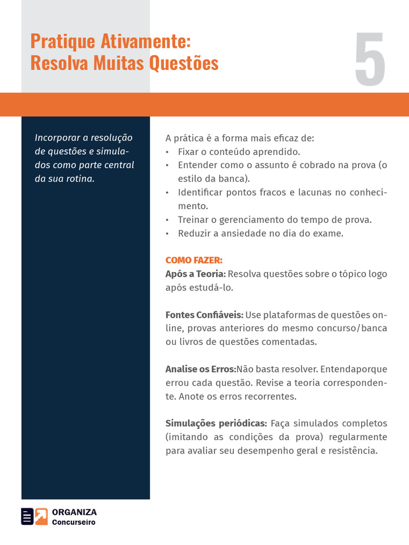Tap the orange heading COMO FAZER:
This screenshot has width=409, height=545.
tap(194, 260)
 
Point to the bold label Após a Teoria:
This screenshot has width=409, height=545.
tap(195, 274)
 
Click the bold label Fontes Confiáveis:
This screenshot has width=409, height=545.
tap(204, 315)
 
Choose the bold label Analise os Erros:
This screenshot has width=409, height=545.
tap(200, 369)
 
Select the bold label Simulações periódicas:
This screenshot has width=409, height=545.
tap(216, 424)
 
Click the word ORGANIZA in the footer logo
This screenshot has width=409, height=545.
tap(75, 512)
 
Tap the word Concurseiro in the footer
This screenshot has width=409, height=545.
tap(73, 523)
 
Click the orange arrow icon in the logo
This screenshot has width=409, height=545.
tap(42, 517)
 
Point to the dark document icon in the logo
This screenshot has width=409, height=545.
tap(27, 517)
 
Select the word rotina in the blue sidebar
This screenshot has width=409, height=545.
tap(81, 179)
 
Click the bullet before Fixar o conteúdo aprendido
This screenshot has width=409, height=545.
tap(167, 152)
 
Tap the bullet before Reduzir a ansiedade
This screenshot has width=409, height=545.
tap(167, 234)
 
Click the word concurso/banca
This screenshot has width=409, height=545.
tap(355, 328)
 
